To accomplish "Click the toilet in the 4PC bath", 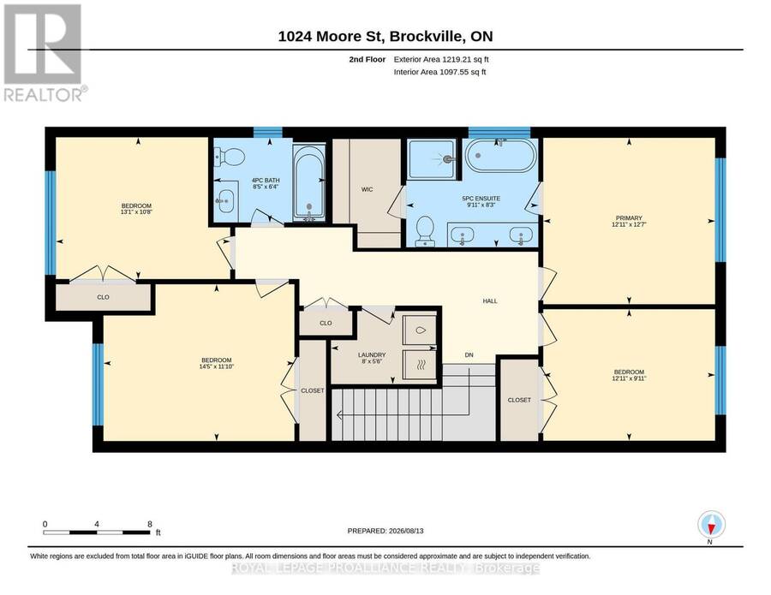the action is pyautogui.click(x=229, y=158).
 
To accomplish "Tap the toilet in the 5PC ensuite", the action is pyautogui.click(x=424, y=231).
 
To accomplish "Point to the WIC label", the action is pyautogui.click(x=367, y=189).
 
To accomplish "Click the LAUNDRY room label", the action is pyautogui.click(x=372, y=354).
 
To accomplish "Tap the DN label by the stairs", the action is pyautogui.click(x=469, y=354).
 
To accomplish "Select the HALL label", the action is pyautogui.click(x=490, y=300).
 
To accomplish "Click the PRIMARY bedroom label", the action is pyautogui.click(x=629, y=217).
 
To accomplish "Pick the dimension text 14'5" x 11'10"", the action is pyautogui.click(x=217, y=366).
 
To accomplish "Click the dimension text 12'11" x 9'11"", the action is pyautogui.click(x=629, y=378).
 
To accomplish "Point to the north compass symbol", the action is pyautogui.click(x=711, y=525).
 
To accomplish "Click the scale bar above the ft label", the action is pyautogui.click(x=96, y=533).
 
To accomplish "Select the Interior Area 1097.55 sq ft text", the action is pyautogui.click(x=439, y=72).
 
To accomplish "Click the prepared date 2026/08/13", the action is pyautogui.click(x=406, y=531).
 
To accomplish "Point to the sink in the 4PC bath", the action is pyautogui.click(x=225, y=201).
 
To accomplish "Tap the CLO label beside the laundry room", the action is pyautogui.click(x=326, y=324).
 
